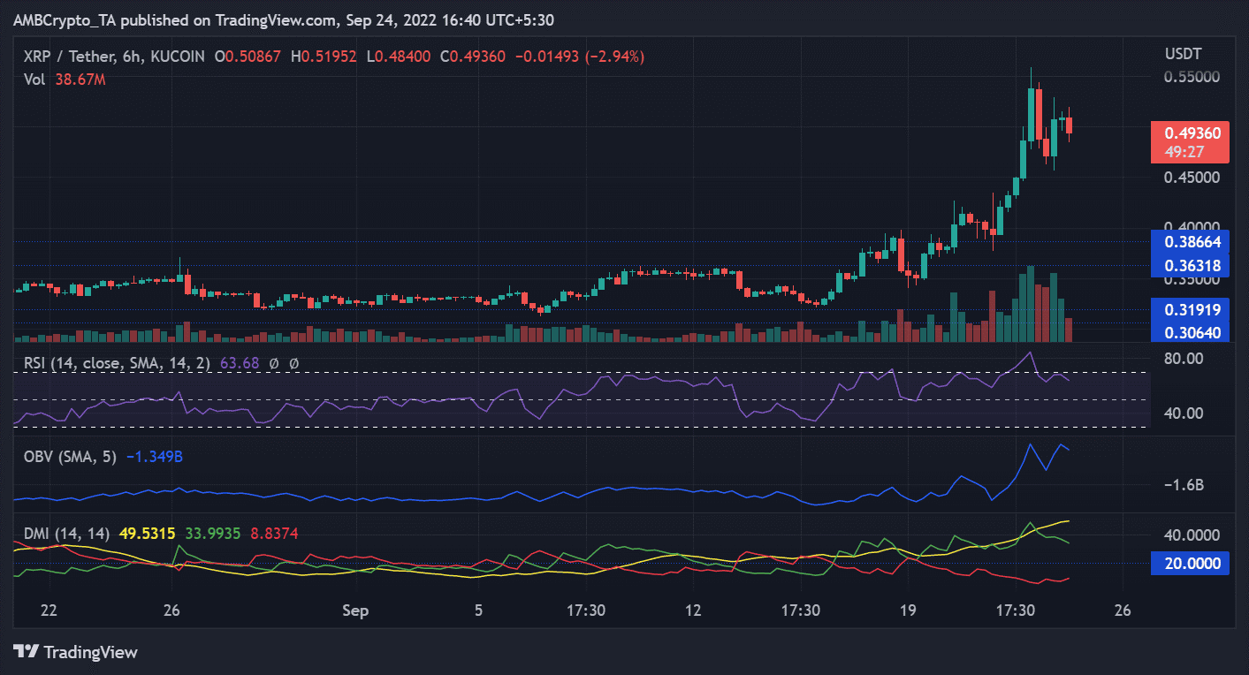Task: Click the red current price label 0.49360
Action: pos(1190,133)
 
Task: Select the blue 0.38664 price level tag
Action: pos(1191,240)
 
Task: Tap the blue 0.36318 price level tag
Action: pos(1191,265)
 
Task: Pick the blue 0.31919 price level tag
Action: pos(1191,310)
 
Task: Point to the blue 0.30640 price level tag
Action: pos(1191,332)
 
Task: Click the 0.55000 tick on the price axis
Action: pos(1189,77)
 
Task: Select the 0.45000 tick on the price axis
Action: pos(1189,178)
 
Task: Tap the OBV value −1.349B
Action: pos(155,456)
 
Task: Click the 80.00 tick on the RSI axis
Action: pos(1184,359)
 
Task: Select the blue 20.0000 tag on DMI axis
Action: pos(1191,563)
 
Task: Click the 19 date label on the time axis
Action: pos(907,611)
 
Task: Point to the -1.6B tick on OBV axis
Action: pos(1184,484)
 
